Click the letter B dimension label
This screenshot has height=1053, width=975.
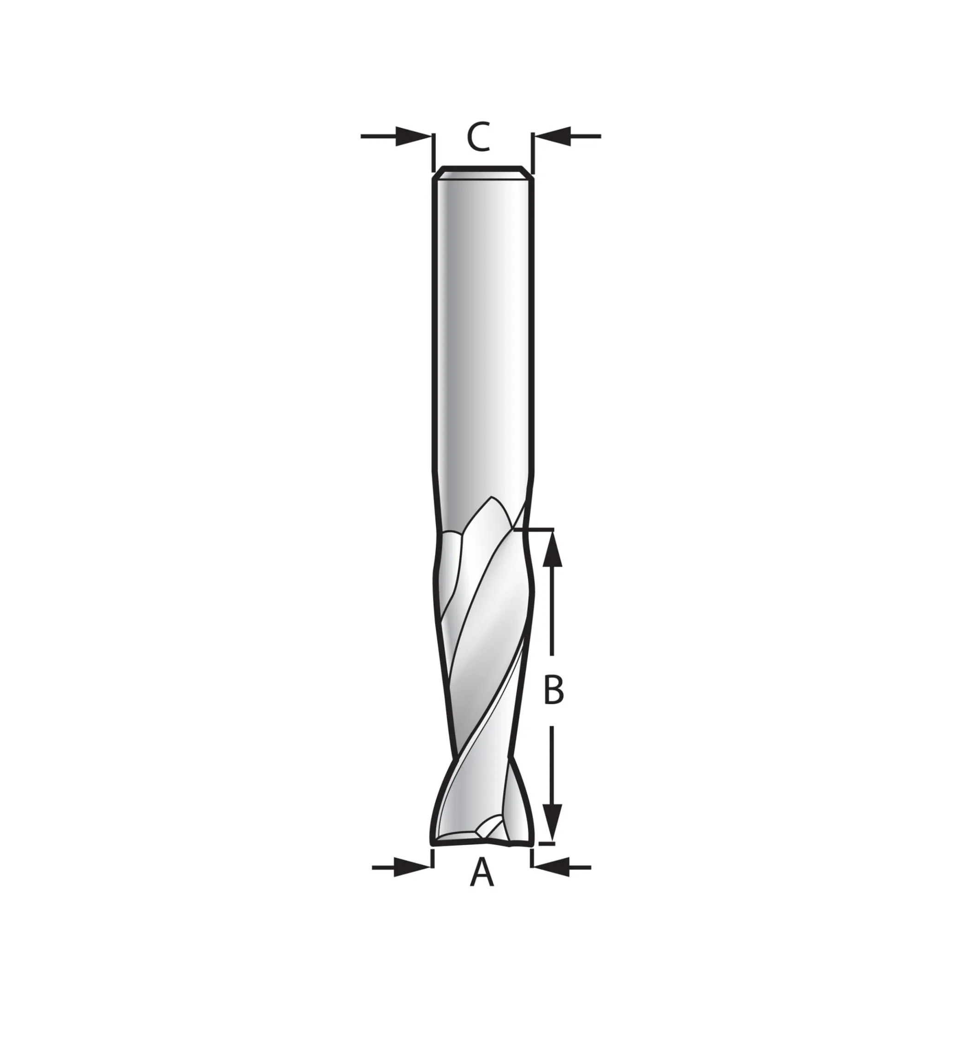[553, 689]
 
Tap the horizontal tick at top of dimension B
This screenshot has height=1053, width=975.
[535, 529]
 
